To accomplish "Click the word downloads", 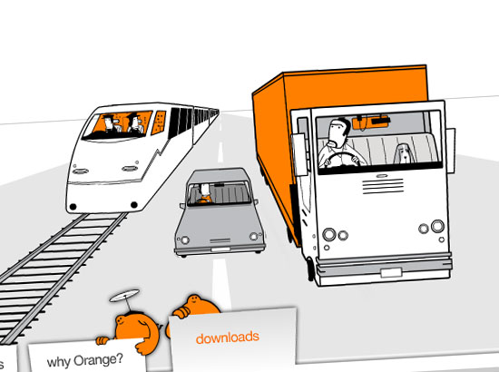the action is point(227,338).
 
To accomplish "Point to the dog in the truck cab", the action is point(403,153).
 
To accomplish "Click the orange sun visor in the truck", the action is point(370,122).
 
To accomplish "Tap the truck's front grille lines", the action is point(383,186).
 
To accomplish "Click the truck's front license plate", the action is point(391,273).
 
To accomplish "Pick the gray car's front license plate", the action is point(220,250).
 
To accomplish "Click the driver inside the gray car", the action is point(204,194).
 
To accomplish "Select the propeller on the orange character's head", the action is point(124,296).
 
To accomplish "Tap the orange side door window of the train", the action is point(159,122).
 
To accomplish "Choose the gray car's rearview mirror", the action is point(219,185).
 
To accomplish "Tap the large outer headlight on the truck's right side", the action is point(438,226).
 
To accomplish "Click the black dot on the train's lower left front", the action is point(73,207).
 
